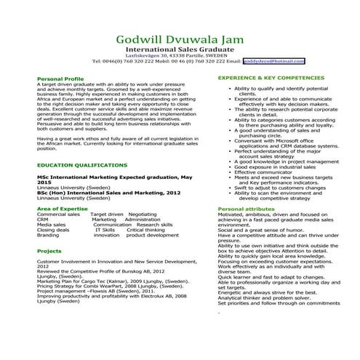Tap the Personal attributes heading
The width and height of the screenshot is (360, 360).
[246, 209]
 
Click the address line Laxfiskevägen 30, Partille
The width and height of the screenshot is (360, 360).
[180, 55]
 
